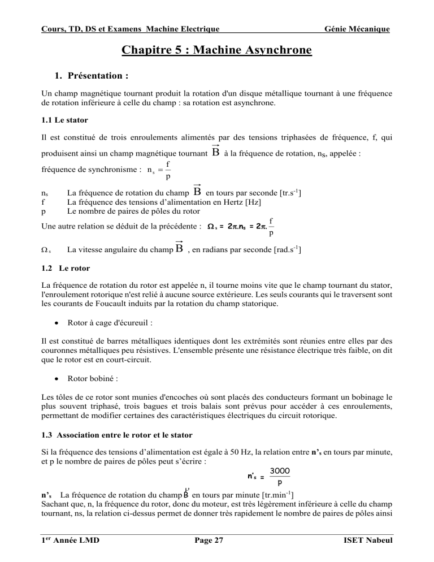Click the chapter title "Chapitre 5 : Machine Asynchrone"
click(x=217, y=51)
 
